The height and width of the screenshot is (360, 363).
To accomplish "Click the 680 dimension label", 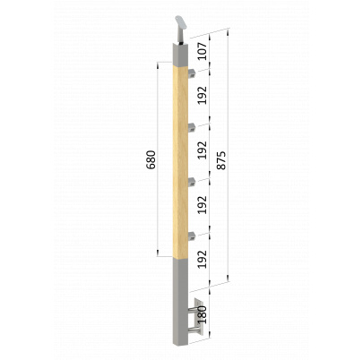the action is tap(151, 159).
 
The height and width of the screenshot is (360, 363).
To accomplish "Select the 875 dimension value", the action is tap(221, 160).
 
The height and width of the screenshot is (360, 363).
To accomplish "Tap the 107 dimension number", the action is tap(203, 51).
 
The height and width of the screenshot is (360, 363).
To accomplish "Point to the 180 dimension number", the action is tap(203, 314).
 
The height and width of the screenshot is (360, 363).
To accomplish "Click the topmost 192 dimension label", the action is tap(203, 95).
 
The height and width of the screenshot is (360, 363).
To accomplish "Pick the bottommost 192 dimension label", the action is tap(203, 259).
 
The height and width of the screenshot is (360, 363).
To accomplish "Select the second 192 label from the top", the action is tap(203, 150).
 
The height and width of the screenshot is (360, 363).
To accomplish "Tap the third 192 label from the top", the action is tap(203, 204).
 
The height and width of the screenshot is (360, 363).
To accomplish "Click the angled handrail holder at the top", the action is tap(180, 30).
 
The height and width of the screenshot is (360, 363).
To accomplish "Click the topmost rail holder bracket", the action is tap(192, 73).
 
